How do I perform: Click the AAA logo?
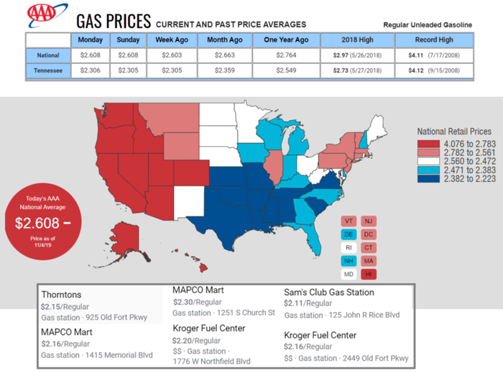coord(44,14)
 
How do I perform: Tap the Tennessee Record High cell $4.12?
coord(436,71)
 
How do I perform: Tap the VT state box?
coord(349,221)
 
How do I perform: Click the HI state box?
coord(368,274)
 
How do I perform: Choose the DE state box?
coord(349,234)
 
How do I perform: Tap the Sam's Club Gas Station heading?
coord(329,293)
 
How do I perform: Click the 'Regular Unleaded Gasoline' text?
coord(428,25)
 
